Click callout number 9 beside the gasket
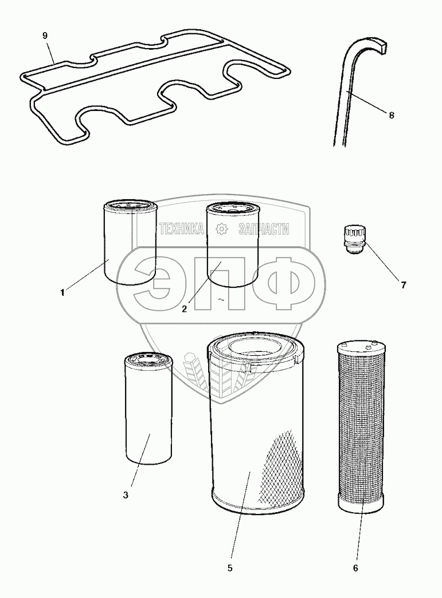point(45,36)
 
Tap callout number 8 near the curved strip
point(391,115)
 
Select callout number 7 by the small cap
point(403,284)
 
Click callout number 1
point(62,293)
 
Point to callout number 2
point(185,309)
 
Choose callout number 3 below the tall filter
point(126,495)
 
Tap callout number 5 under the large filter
point(230,568)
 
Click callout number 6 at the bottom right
point(355,568)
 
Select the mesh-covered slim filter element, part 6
point(361,427)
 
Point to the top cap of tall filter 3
point(148,359)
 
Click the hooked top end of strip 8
point(376,45)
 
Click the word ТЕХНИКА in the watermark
point(181,229)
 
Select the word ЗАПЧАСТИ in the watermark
point(264,229)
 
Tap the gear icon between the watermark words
point(221,229)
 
